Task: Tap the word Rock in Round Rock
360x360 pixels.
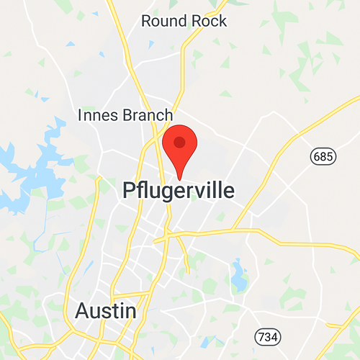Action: (x=208, y=21)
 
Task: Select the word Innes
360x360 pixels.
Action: (x=98, y=115)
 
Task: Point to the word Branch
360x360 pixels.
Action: (x=148, y=115)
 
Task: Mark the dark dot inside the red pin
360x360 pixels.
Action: (x=180, y=143)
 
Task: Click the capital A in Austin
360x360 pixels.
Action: (x=83, y=311)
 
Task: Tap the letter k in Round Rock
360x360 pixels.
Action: (x=222, y=21)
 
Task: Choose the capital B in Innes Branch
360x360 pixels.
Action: (x=130, y=115)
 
